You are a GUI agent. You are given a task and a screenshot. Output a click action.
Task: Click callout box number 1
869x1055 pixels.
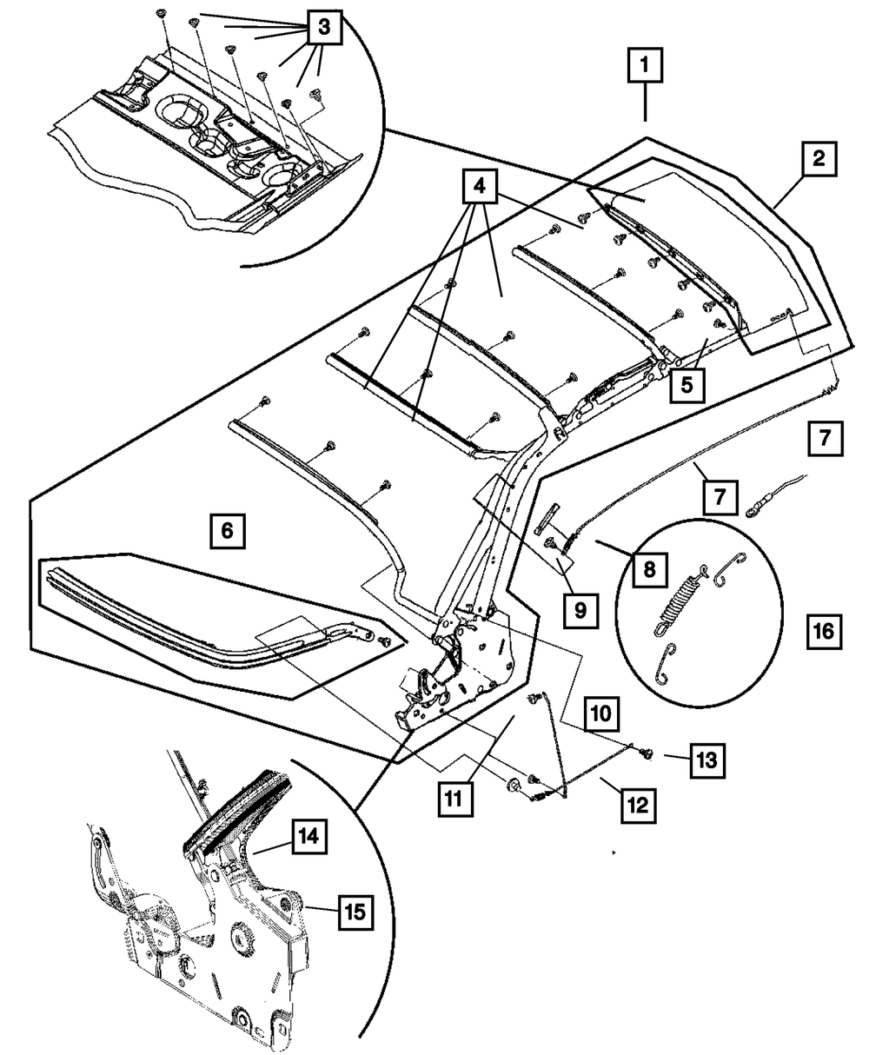point(645,66)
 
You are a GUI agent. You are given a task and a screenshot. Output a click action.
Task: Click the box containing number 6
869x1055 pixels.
point(226,529)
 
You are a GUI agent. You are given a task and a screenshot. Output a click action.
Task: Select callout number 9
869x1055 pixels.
point(580,609)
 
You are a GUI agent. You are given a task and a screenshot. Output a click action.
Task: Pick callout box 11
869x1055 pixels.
point(455,796)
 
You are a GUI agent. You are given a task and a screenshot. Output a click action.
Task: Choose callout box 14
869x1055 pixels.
point(308,836)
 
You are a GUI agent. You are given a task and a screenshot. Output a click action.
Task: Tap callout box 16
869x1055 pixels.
point(823,630)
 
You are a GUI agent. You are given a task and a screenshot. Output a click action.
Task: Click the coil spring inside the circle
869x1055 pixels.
point(680,597)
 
